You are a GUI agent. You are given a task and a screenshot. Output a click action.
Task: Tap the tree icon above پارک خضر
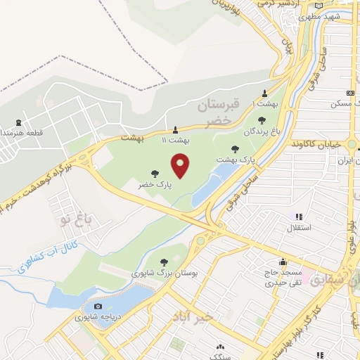tap(154, 173)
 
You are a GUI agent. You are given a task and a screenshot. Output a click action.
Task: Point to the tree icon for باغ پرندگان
tap(262, 120)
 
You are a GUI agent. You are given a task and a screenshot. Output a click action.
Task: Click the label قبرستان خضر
tap(214, 113)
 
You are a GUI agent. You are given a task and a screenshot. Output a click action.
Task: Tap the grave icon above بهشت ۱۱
tap(176, 129)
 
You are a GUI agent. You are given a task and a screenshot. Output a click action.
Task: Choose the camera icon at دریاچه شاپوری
tap(98, 306)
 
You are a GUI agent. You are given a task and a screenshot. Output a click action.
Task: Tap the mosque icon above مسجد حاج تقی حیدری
tap(282, 262)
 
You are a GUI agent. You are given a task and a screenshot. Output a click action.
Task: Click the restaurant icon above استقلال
tap(299, 217)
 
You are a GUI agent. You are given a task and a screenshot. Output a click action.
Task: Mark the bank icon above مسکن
tap(349, 94)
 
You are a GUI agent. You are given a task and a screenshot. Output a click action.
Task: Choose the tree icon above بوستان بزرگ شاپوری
tap(164, 262)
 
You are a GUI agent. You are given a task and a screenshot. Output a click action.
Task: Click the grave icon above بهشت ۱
tap(264, 94)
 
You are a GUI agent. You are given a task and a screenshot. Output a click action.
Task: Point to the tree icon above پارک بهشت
tap(236, 148)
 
